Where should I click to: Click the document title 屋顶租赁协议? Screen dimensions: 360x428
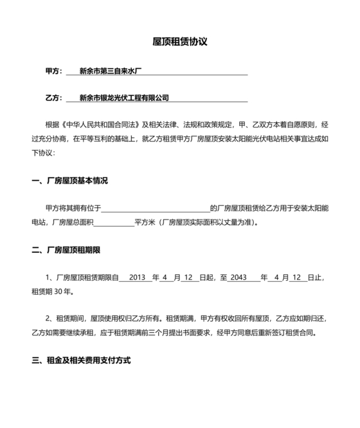click(180, 42)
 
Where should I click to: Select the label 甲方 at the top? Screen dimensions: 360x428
click(53, 71)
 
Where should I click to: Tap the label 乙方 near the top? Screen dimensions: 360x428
click(53, 98)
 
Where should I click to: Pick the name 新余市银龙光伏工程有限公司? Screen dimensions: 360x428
click(124, 98)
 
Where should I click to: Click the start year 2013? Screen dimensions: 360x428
click(138, 277)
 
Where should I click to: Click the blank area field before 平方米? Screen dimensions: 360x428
click(114, 222)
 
